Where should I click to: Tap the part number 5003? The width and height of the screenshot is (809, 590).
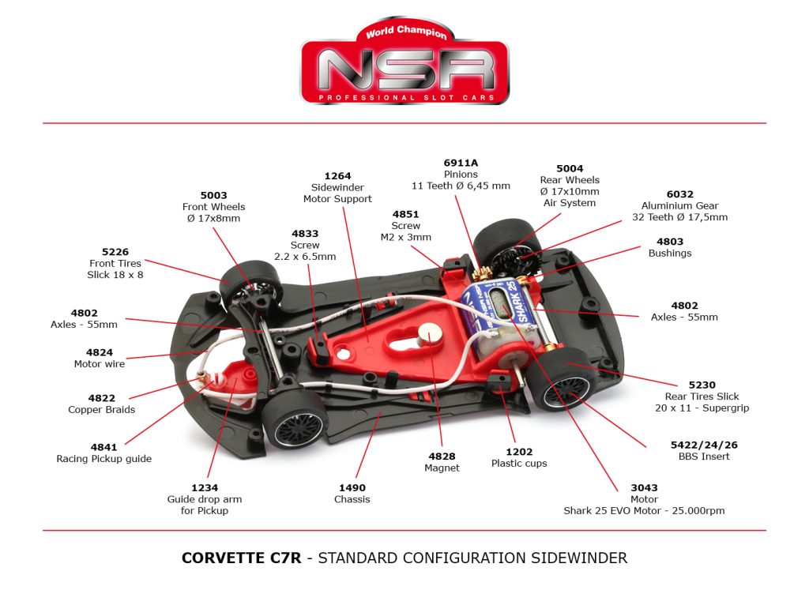[x=213, y=195]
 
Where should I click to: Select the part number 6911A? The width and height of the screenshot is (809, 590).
[x=461, y=163]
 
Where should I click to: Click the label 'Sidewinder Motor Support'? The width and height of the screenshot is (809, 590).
[x=337, y=194]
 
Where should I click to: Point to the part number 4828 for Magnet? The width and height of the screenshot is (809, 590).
[x=443, y=457]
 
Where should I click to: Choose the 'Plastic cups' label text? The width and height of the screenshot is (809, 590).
[x=519, y=464]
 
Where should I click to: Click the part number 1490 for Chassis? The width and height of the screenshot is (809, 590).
[x=352, y=488]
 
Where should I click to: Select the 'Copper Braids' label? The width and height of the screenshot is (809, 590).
[x=101, y=410]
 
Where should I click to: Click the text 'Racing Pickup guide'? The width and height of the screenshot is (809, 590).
[x=103, y=459]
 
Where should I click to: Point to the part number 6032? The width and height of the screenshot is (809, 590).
[x=679, y=194]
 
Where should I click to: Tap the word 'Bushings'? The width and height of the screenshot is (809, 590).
[x=669, y=254]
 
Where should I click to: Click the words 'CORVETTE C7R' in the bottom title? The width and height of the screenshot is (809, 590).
[x=242, y=558]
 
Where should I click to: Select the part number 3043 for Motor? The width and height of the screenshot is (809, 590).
[x=644, y=488]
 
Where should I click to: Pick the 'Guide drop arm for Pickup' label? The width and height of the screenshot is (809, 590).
[x=204, y=505]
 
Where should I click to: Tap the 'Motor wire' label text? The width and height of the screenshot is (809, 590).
[x=100, y=364]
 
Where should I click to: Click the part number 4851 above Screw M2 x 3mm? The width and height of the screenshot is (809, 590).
[x=406, y=214]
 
